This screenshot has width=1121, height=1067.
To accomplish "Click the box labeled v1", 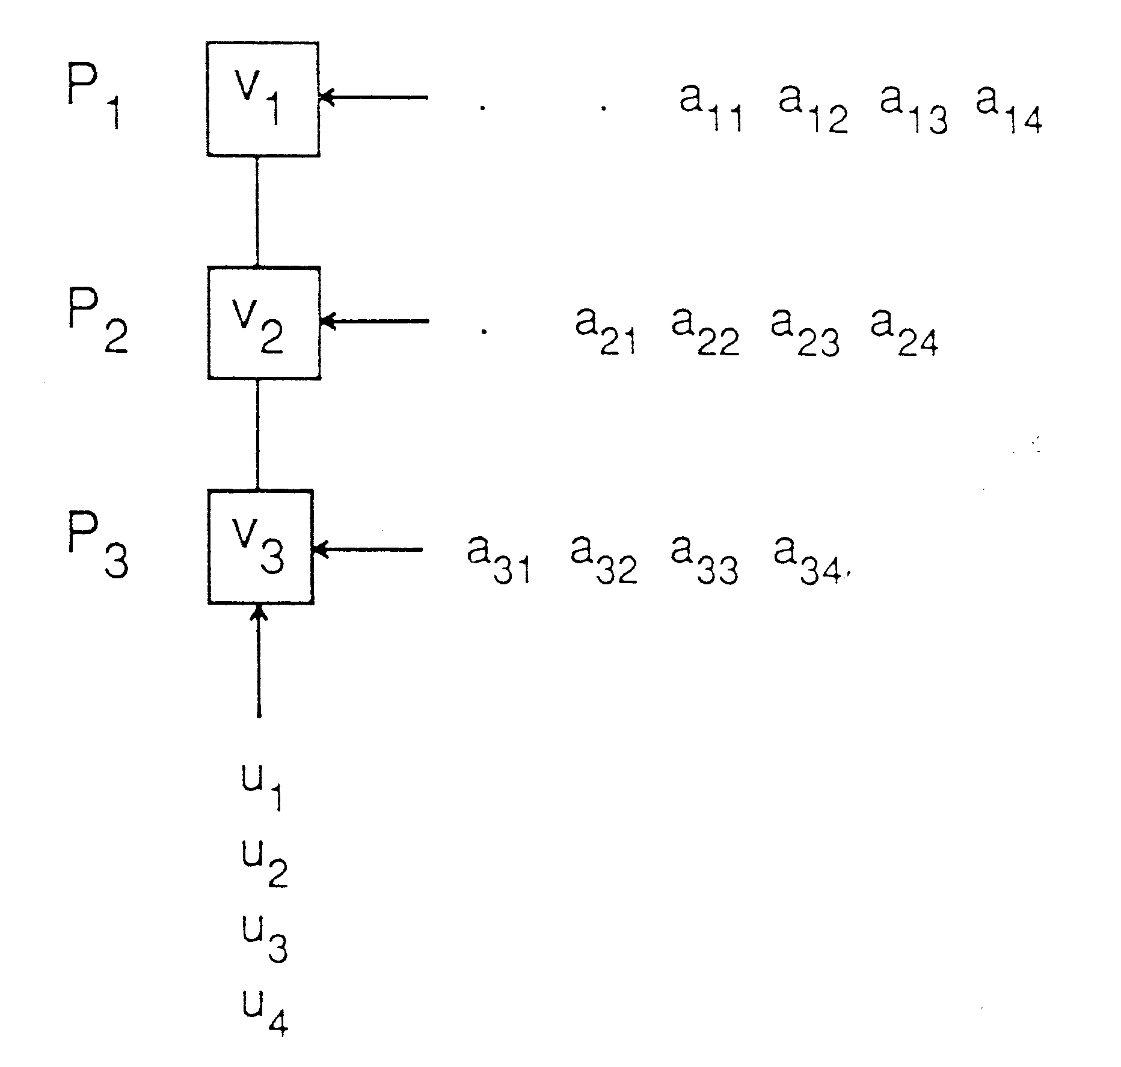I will click(263, 99).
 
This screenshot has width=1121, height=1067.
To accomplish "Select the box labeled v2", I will click(264, 323).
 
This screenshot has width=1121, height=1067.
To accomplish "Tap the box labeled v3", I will click(260, 546).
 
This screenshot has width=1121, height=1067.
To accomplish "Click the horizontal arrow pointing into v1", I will click(374, 97).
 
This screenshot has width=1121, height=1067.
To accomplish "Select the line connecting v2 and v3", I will click(258, 434).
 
